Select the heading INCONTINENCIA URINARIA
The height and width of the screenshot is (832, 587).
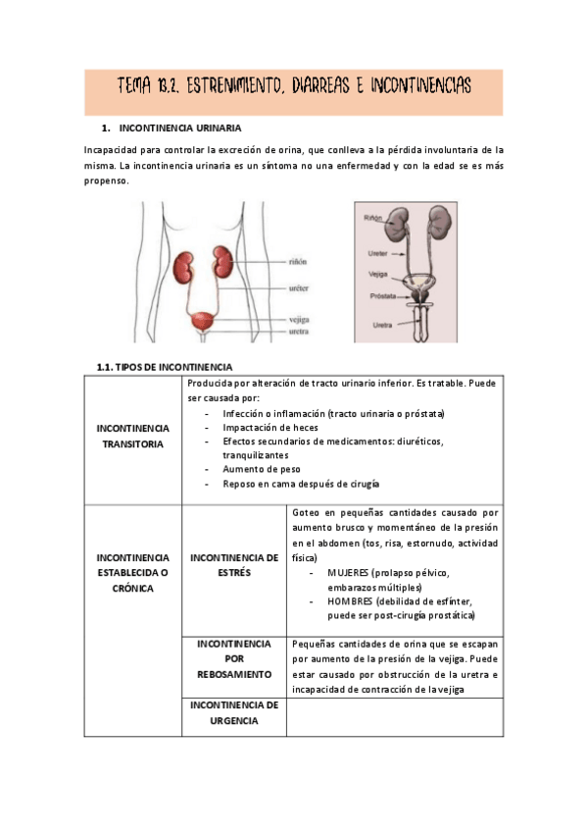[179, 129]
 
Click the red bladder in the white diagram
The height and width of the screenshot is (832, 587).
[204, 321]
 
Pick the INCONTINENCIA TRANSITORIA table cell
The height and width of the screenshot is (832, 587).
[133, 436]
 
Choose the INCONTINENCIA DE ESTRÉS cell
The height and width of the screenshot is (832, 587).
[233, 564]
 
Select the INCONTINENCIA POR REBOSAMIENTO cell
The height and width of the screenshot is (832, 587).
[234, 659]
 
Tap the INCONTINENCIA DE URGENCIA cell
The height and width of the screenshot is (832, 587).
[234, 712]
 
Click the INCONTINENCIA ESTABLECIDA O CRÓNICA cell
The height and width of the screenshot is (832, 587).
[133, 572]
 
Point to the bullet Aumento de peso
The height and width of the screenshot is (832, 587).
[253, 470]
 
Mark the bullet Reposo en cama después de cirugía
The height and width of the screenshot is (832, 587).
[301, 484]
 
